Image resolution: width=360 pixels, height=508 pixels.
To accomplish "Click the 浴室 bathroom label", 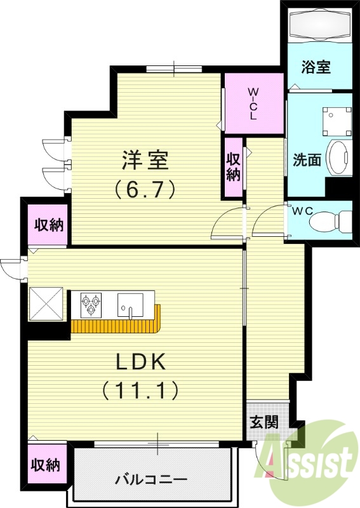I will pyautogui.click(x=316, y=67).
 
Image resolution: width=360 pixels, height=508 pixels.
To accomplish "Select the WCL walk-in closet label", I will pyautogui.click(x=253, y=104).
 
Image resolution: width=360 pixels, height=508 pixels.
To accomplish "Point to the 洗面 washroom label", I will pyautogui.click(x=307, y=159).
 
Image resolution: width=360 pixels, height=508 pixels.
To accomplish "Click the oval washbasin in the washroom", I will pyautogui.click(x=341, y=158).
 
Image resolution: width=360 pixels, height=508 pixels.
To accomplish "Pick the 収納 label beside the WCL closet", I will pyautogui.click(x=234, y=167).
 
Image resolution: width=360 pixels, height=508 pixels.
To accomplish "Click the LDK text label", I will pyautogui.click(x=140, y=362).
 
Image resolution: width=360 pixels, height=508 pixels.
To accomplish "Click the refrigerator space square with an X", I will pyautogui.click(x=46, y=304).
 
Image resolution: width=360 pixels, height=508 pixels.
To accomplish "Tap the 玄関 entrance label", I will pyautogui.click(x=263, y=422).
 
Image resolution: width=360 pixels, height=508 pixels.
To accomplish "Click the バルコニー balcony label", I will pyautogui.click(x=151, y=479).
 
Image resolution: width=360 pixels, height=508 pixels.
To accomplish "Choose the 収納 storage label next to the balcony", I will pyautogui.click(x=46, y=465).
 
